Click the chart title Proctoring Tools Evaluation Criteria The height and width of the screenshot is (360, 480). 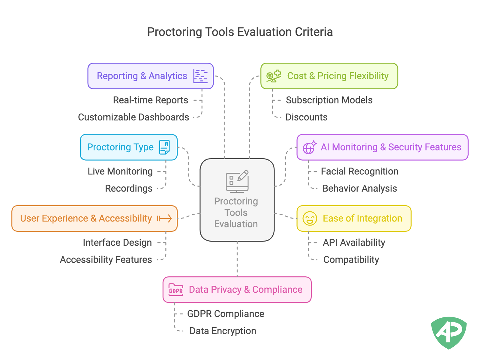coord(240,32)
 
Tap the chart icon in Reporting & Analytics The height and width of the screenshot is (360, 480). coord(200,76)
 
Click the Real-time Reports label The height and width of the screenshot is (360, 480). coord(150,100)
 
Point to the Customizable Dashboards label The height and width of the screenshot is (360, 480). coord(133,117)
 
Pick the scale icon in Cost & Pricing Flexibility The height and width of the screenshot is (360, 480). coord(274,76)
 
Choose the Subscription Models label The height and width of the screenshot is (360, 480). coord(329,100)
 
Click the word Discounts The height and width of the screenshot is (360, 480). coord(306,117)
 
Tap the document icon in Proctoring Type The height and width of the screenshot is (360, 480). coord(164,147)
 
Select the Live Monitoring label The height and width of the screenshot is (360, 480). coord(120,171)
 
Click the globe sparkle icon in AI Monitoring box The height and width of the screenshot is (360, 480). coord(309,147)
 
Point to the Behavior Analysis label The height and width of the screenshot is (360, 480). coord(359,189)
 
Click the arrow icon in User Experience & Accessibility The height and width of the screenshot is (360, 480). coord(164,219)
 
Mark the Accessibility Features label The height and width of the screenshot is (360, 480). coord(106,260)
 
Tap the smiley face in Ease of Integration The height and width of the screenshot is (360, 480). coord(310,219)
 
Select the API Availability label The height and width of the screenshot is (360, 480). coord(354,242)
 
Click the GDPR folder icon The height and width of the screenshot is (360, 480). coord(176,290)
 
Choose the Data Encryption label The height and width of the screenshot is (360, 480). coord(223,331)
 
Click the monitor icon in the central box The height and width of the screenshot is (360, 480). coord(237,181)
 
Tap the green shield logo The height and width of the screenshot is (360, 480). coord(449,333)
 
